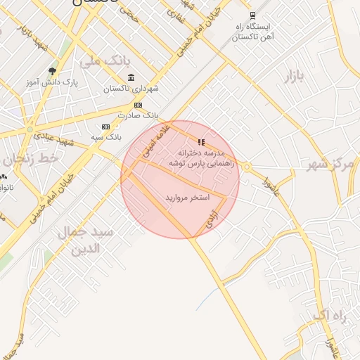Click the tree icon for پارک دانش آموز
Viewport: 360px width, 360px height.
[x=51, y=71]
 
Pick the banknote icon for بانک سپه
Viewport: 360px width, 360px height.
[x=105, y=127]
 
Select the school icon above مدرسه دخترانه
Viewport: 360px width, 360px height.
[x=202, y=142]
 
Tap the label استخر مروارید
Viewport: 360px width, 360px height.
[x=188, y=198]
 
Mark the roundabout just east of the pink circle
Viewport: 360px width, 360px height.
[x=247, y=167]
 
